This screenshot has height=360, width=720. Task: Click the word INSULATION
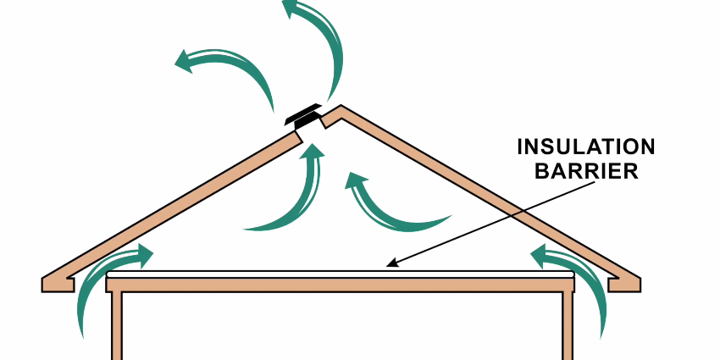[586, 147]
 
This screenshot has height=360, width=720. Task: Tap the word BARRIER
[586, 171]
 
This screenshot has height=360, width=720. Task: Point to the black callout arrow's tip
[387, 266]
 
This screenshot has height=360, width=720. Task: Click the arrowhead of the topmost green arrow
[291, 10]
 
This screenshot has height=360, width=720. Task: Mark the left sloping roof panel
[169, 203]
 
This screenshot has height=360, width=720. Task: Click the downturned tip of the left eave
[46, 285]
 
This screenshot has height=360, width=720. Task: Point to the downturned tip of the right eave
[634, 285]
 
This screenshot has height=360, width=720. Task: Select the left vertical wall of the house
[118, 326]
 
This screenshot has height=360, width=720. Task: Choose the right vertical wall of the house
[566, 326]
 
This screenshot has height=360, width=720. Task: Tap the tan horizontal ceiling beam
[339, 284]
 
